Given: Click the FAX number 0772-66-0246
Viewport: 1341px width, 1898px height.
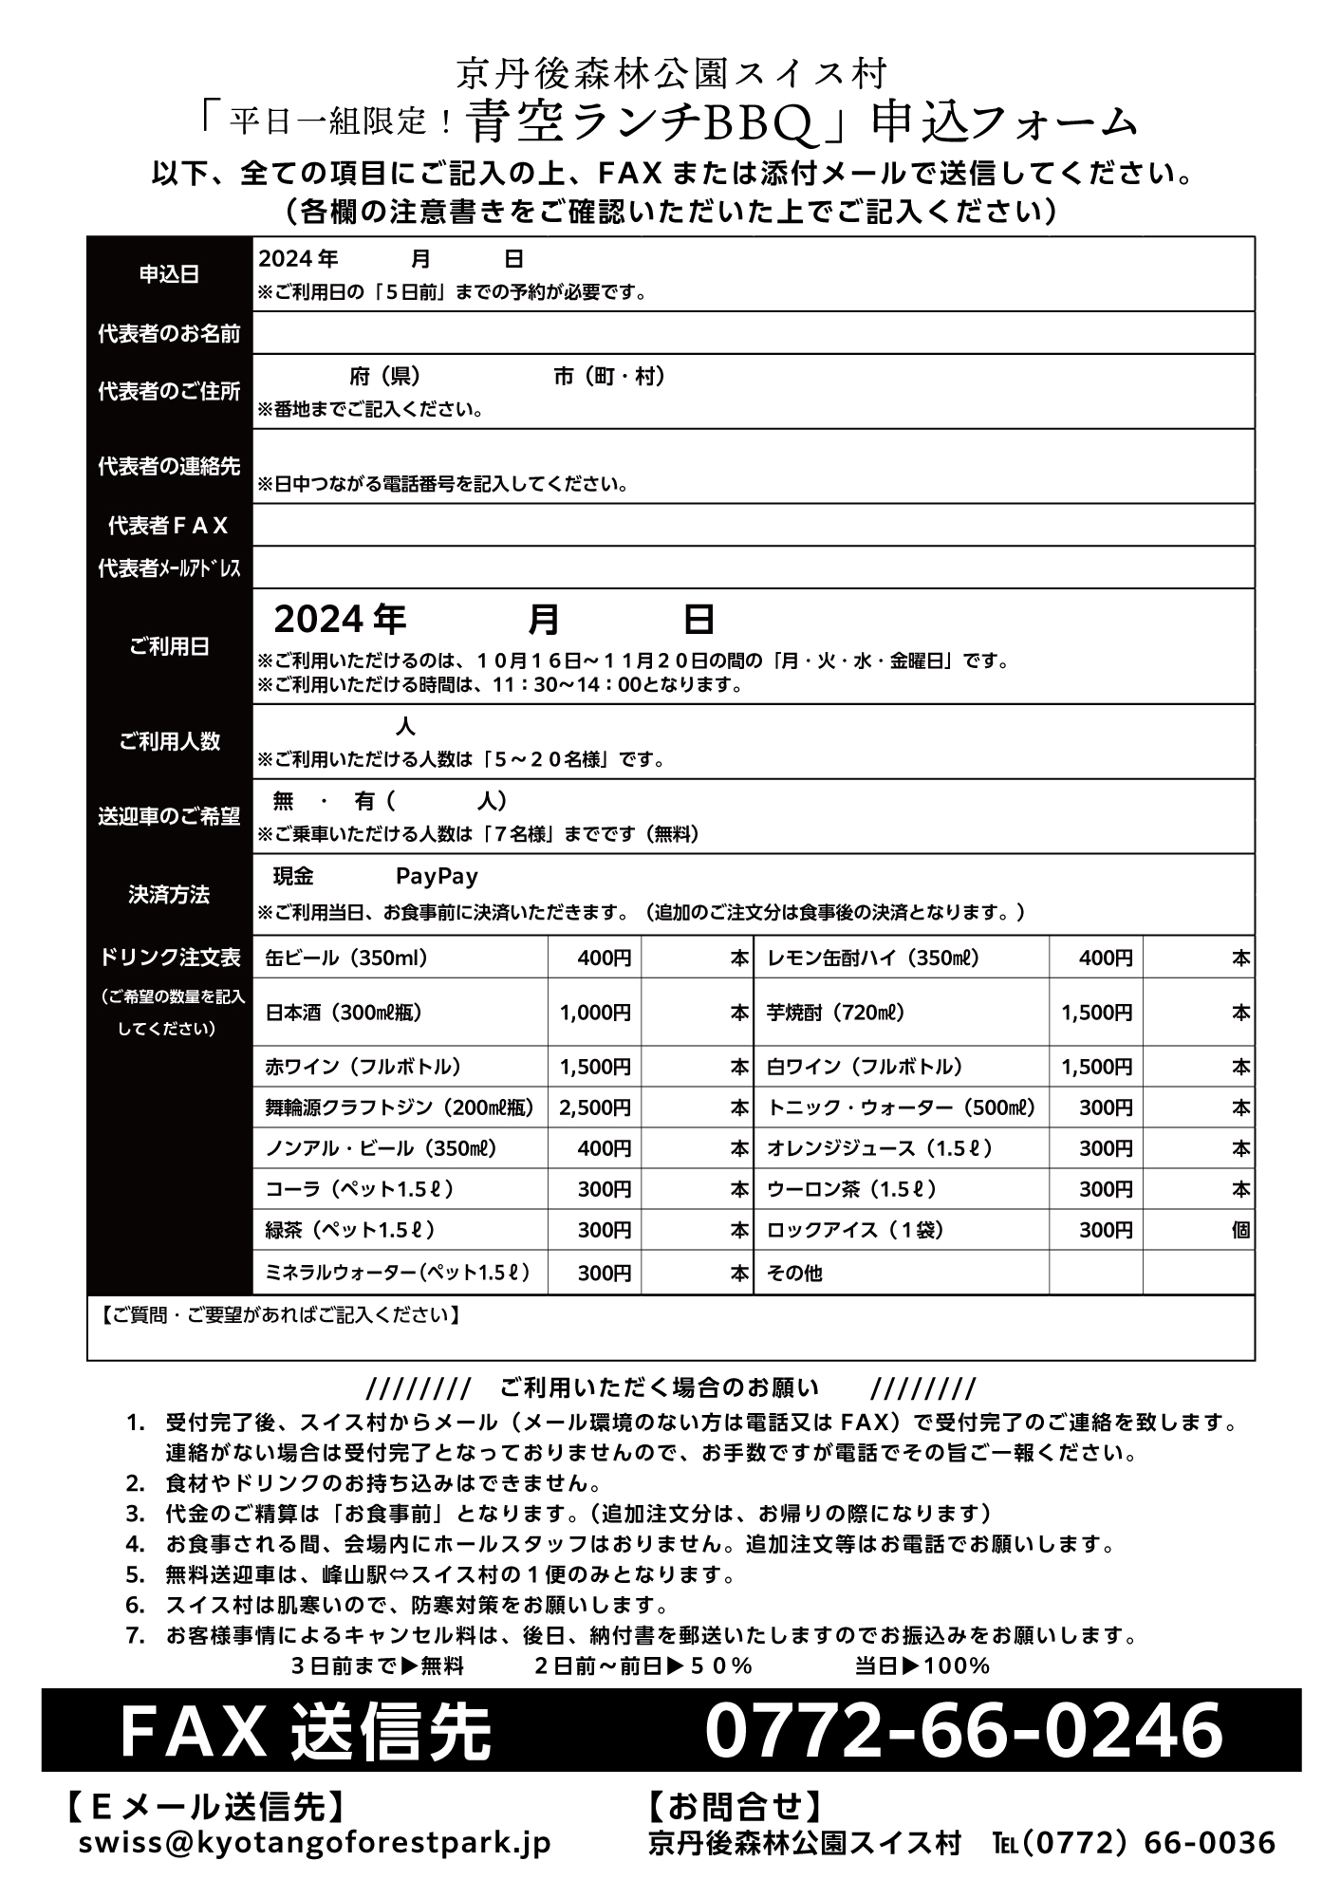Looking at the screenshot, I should pos(962,1730).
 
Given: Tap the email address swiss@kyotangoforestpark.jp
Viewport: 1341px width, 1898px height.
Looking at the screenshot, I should pos(315,1843).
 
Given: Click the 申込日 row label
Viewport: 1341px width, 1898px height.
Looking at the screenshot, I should pos(169,274).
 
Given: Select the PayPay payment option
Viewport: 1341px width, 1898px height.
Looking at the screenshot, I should pos(437,876).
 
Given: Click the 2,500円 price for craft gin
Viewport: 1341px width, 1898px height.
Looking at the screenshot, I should pos(595,1107).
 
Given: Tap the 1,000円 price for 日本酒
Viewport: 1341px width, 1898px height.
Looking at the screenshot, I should pos(595,1013).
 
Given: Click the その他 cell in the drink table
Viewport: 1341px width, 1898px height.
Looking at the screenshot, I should pos(794,1273).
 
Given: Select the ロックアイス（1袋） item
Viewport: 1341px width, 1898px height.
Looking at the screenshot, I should pos(855,1231).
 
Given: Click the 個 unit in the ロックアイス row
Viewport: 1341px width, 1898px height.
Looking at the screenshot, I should pos(1240,1231).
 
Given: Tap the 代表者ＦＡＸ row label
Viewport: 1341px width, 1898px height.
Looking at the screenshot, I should pos(169,526).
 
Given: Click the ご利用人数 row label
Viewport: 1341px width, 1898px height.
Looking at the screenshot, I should pos(169,742).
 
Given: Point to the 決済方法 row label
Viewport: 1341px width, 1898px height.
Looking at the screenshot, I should pos(169,895).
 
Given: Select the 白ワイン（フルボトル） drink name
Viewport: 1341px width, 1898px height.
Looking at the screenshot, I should pos(865,1067).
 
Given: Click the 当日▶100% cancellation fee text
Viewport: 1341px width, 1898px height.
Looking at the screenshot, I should pos(922,1665).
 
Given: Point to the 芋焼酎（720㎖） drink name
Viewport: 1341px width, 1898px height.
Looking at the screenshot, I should pos(835,1013).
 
